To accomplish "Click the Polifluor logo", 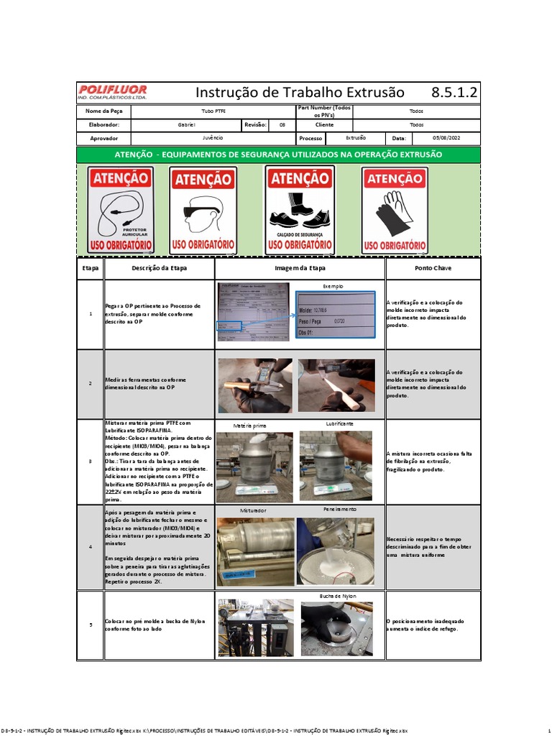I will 113,93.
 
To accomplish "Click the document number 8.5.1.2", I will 454,93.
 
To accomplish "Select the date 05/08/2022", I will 446,137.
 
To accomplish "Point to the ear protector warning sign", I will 120,209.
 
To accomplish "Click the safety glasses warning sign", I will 203,210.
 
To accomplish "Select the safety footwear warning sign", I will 300,209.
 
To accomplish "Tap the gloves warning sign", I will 395,209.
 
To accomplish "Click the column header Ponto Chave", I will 433,268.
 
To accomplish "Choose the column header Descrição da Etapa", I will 159,268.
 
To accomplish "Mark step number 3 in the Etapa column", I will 91,461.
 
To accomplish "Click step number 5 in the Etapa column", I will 91,625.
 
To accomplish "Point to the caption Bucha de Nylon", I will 337,597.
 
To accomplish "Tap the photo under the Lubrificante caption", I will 336,466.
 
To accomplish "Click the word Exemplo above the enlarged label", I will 333,286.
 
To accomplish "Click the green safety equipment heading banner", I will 278,155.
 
